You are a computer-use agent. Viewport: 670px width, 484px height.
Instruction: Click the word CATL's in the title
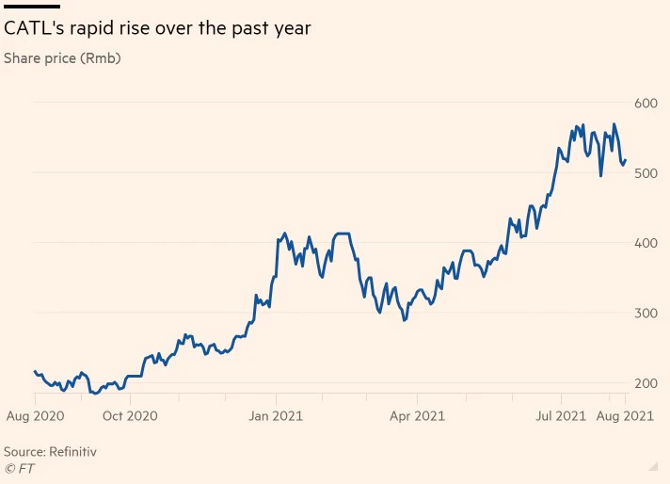pyautogui.click(x=33, y=29)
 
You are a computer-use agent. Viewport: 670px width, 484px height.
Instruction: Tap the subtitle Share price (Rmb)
pyautogui.click(x=62, y=58)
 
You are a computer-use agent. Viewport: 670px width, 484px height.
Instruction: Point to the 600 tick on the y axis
pyautogui.click(x=645, y=103)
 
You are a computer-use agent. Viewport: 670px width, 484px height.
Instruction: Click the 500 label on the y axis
pyautogui.click(x=645, y=173)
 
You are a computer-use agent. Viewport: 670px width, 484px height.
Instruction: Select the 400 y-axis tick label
pyautogui.click(x=645, y=243)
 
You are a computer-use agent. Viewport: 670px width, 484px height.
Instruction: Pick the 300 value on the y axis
pyautogui.click(x=645, y=313)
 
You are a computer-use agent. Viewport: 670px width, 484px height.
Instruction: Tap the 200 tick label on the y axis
pyautogui.click(x=645, y=383)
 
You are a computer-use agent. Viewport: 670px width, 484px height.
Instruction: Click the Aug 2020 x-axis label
pyautogui.click(x=35, y=415)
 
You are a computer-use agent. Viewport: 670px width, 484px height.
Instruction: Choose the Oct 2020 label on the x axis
pyautogui.click(x=130, y=415)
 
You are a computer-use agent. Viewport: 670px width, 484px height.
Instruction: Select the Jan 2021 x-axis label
pyautogui.click(x=275, y=415)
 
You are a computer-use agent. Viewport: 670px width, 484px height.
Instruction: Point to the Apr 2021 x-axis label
pyautogui.click(x=417, y=415)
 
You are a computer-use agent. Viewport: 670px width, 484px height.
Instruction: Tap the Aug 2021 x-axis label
pyautogui.click(x=626, y=415)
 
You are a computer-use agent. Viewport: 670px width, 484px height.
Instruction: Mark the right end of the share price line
pyautogui.click(x=626, y=159)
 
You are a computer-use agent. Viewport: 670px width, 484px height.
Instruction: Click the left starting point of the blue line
pyautogui.click(x=34, y=372)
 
